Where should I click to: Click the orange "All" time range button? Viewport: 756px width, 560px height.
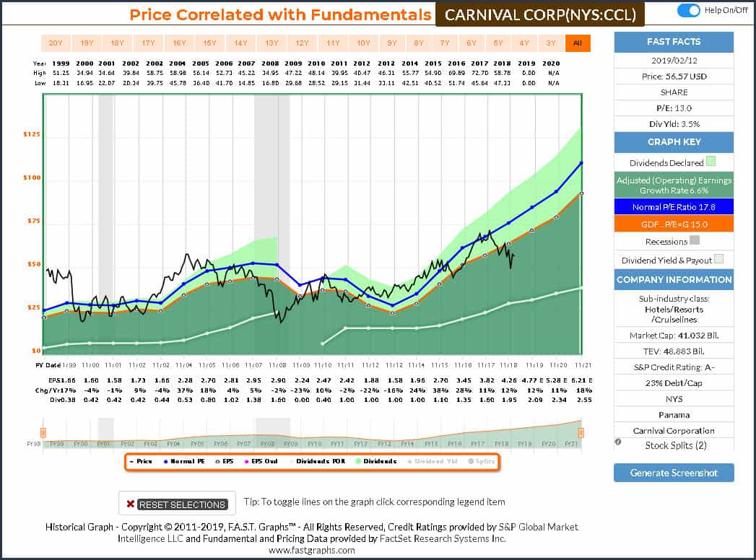tap(577, 43)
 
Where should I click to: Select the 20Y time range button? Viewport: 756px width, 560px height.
tap(56, 43)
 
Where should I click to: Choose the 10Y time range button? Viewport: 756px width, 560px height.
tap(364, 43)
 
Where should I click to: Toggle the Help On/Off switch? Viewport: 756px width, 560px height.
tap(690, 11)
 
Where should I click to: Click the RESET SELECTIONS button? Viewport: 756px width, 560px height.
tap(176, 504)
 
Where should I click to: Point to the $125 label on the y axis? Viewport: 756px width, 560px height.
tap(31, 134)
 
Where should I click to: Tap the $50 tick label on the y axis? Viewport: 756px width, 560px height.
tap(33, 264)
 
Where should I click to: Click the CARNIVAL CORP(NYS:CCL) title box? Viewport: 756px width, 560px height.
tap(539, 15)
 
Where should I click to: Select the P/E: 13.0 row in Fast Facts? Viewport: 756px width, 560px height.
tap(673, 108)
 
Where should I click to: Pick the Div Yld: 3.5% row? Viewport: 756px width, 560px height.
tap(673, 124)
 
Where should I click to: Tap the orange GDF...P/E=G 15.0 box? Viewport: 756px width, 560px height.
tap(673, 224)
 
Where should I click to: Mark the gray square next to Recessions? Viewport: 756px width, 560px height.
tap(695, 242)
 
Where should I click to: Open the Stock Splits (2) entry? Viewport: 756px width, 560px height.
tap(675, 445)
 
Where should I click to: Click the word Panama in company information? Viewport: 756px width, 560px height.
tap(673, 415)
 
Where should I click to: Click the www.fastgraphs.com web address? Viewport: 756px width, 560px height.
tap(312, 550)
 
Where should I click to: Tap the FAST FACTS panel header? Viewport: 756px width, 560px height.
tap(673, 42)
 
